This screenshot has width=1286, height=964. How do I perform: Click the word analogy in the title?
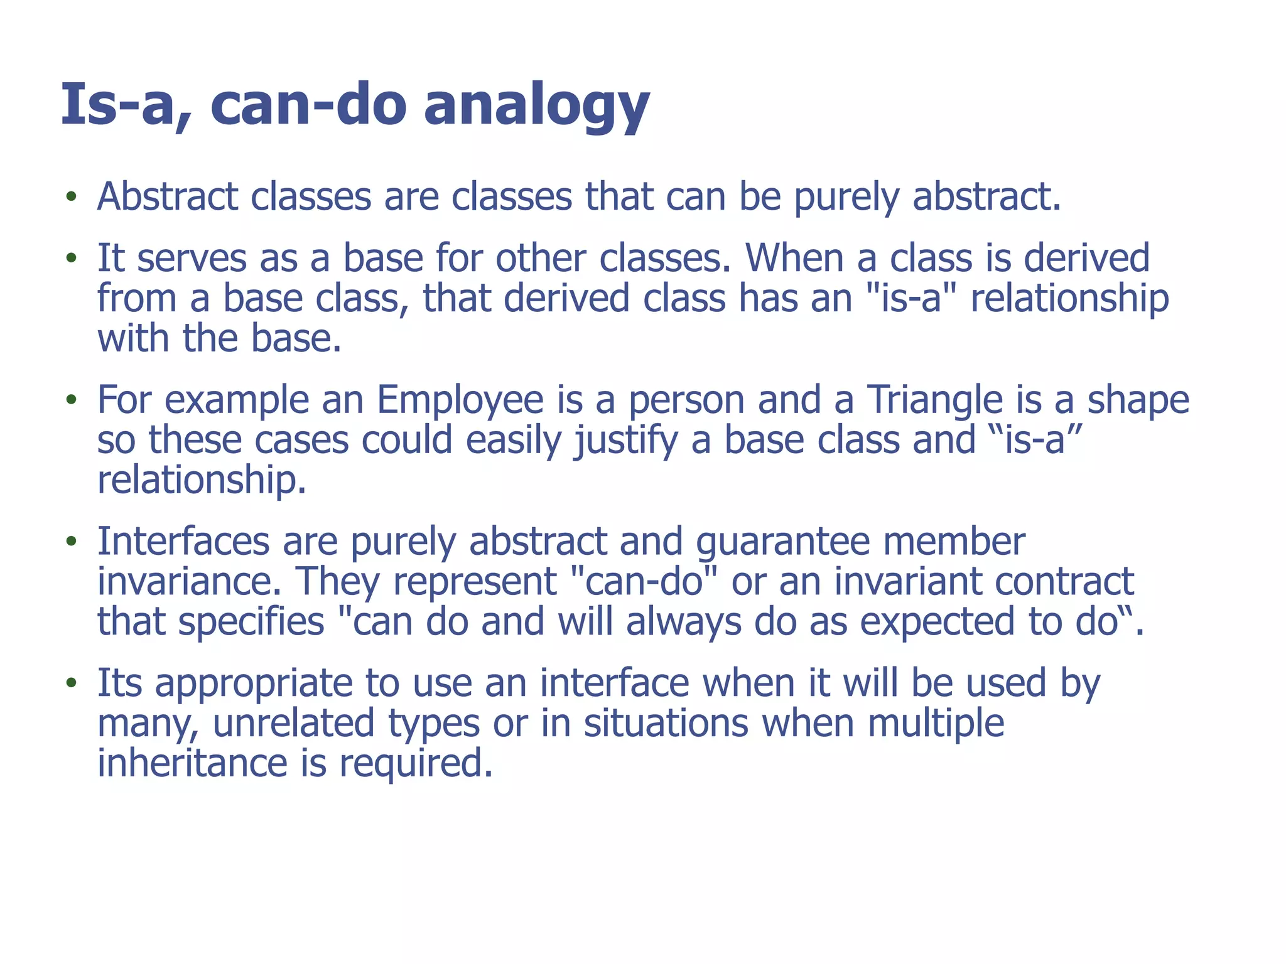click(536, 105)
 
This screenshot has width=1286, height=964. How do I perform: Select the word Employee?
click(460, 400)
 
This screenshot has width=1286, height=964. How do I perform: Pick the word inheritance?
click(192, 763)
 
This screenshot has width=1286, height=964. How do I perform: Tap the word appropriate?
click(254, 684)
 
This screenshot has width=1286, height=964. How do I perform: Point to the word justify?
click(625, 441)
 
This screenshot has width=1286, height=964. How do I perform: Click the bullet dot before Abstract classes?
click(72, 197)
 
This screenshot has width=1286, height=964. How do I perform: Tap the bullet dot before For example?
click(72, 400)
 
